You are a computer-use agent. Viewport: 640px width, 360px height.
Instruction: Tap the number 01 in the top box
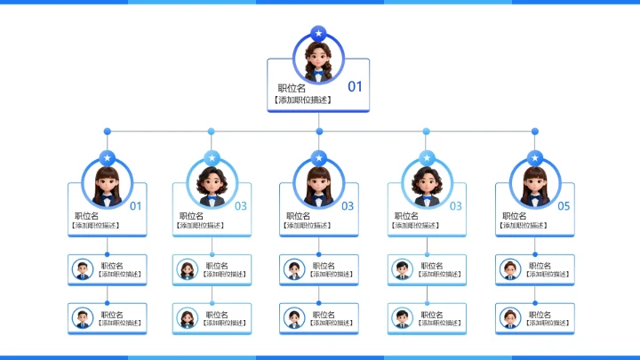click(355, 86)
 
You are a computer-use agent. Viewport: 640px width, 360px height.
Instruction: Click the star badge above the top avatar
click(318, 34)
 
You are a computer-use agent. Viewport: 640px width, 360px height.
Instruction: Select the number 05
click(564, 206)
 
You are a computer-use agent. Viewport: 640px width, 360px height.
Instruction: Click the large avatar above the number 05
click(533, 184)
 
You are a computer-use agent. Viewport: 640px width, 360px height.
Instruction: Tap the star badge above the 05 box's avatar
click(534, 157)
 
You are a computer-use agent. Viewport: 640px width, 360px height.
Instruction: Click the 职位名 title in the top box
click(292, 88)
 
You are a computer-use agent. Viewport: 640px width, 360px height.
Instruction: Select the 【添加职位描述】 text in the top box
click(303, 100)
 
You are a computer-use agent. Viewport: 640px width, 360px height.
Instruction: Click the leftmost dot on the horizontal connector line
click(108, 132)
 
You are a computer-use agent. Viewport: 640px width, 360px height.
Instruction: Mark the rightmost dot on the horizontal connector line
click(535, 132)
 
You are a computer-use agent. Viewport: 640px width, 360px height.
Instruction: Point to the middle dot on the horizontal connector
click(319, 132)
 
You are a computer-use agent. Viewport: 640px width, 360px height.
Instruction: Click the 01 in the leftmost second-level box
click(136, 206)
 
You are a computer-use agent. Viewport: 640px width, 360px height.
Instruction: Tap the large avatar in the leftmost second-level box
click(108, 184)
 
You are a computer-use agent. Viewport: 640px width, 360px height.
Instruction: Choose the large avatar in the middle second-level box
click(319, 184)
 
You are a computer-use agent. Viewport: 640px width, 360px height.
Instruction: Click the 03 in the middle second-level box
click(348, 206)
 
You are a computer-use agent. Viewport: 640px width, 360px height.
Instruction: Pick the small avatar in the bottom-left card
click(83, 317)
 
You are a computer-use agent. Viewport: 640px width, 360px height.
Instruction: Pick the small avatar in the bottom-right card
click(510, 317)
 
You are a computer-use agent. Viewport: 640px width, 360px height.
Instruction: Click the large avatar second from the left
click(212, 184)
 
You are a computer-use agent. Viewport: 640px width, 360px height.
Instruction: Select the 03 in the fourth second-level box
click(455, 206)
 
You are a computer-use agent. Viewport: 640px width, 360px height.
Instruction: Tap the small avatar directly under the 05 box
click(510, 268)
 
